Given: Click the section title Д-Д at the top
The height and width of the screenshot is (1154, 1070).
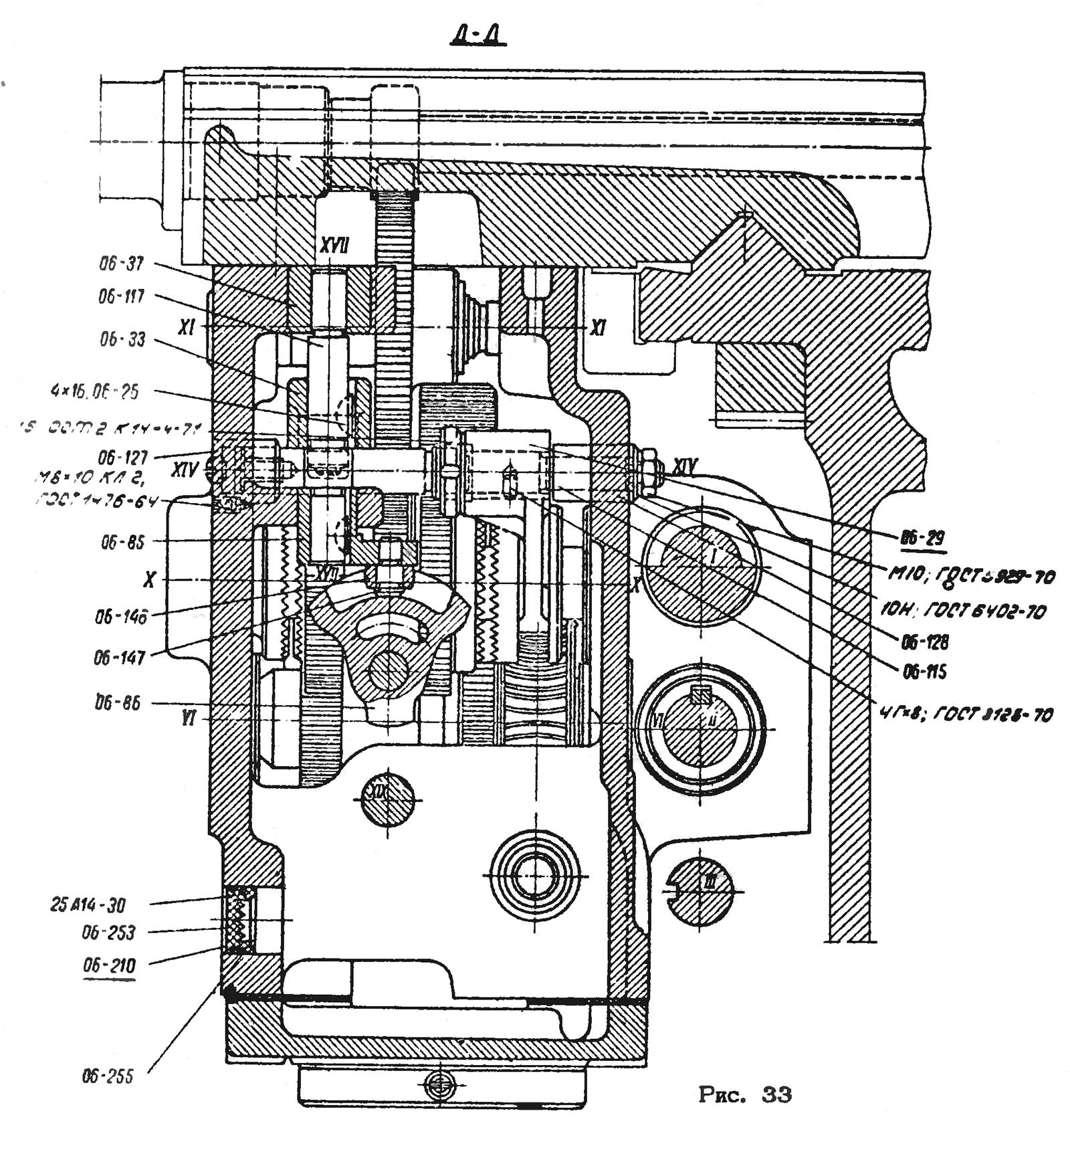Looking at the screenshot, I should pyautogui.click(x=477, y=35).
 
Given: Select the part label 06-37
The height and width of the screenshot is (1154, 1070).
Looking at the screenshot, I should pyautogui.click(x=122, y=264).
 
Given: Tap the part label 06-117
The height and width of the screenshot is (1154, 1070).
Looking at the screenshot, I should pyautogui.click(x=122, y=296).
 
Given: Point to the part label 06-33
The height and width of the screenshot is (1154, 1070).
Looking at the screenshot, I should pyautogui.click(x=122, y=340).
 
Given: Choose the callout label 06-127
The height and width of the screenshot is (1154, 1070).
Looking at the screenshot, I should pyautogui.click(x=122, y=458).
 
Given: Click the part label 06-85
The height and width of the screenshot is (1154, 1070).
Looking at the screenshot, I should pyautogui.click(x=122, y=542).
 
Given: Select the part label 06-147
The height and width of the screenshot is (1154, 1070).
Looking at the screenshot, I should pyautogui.click(x=119, y=658).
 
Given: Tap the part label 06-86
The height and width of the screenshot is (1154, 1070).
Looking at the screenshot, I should pyautogui.click(x=118, y=703).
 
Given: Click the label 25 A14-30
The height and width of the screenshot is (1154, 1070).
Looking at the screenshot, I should pyautogui.click(x=88, y=905).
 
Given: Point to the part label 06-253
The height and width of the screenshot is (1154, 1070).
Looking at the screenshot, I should pyautogui.click(x=108, y=933).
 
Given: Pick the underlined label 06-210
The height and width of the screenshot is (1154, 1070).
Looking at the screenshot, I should pyautogui.click(x=109, y=965).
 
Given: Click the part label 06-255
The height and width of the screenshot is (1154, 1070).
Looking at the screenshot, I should pyautogui.click(x=108, y=1076).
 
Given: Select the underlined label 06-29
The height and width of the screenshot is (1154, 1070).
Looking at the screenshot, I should pyautogui.click(x=922, y=537).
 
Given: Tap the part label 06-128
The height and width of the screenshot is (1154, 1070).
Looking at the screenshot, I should pyautogui.click(x=925, y=642).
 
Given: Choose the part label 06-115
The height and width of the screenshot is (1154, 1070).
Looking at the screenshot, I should pyautogui.click(x=925, y=672).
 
